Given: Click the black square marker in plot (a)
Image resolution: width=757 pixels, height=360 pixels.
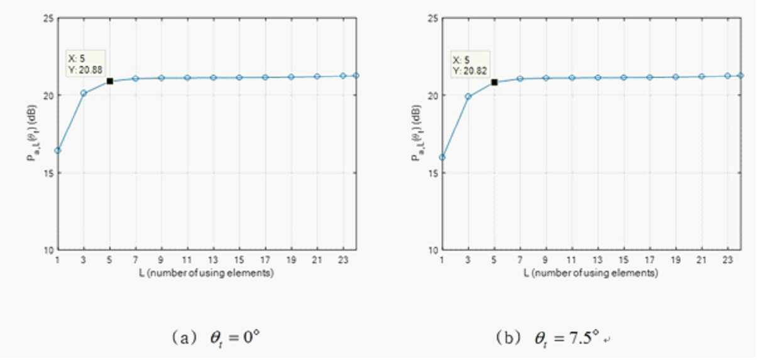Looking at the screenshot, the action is pyautogui.click(x=109, y=81).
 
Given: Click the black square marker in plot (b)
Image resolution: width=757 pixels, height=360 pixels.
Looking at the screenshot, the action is pyautogui.click(x=494, y=82).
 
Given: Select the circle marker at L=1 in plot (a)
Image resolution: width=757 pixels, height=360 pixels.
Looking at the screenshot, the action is pyautogui.click(x=58, y=150).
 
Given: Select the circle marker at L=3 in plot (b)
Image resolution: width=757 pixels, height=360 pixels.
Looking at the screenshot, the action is pyautogui.click(x=468, y=97).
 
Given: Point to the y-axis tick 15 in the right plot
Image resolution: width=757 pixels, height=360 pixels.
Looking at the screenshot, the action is pyautogui.click(x=433, y=173).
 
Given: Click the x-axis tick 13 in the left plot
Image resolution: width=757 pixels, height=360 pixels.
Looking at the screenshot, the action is pyautogui.click(x=213, y=259).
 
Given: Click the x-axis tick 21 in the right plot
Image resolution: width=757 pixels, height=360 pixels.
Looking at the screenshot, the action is pyautogui.click(x=701, y=259).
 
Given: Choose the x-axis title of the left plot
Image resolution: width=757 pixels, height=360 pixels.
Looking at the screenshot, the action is pyautogui.click(x=206, y=273).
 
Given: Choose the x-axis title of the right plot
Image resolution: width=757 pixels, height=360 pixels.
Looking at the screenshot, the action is pyautogui.click(x=591, y=273).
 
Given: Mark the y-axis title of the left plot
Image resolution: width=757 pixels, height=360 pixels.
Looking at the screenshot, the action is pyautogui.click(x=32, y=133).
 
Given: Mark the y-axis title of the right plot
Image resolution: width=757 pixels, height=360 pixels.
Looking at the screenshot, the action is pyautogui.click(x=416, y=133).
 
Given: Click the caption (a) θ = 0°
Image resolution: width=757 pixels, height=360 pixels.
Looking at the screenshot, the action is pyautogui.click(x=216, y=337).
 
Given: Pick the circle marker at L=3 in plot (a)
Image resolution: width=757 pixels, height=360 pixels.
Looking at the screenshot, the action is pyautogui.click(x=84, y=93).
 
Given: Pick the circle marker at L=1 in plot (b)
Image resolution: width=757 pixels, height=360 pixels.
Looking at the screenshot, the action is pyautogui.click(x=442, y=158).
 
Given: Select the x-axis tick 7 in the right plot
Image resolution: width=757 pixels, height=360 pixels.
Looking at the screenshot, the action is pyautogui.click(x=520, y=259).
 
